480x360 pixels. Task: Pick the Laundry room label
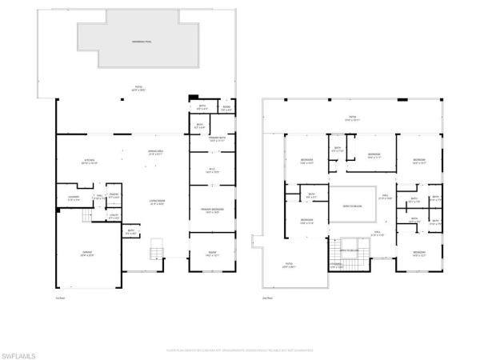click(73, 198)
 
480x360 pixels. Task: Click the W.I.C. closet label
click(211, 170)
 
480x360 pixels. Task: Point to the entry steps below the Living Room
click(156, 254)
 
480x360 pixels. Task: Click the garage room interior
click(86, 264)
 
